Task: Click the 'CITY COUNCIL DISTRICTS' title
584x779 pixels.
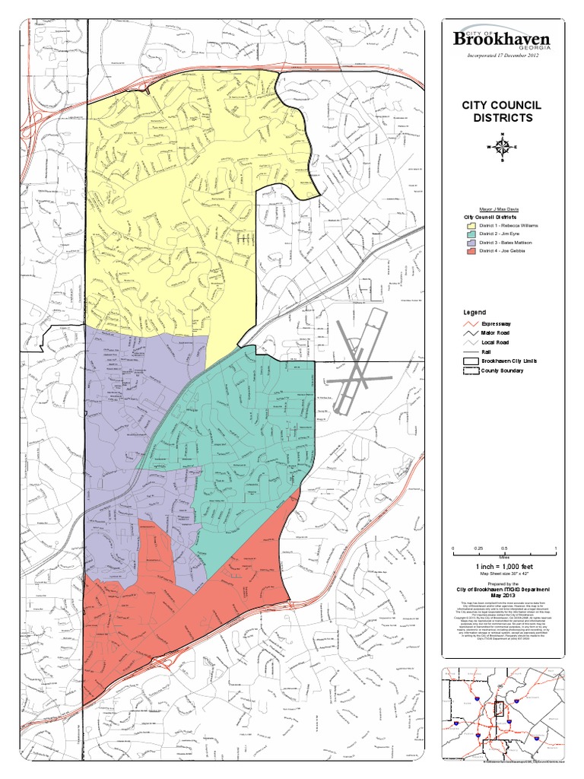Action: pyautogui.click(x=503, y=111)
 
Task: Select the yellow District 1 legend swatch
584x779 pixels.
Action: pyautogui.click(x=471, y=226)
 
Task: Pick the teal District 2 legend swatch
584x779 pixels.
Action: pyautogui.click(x=471, y=234)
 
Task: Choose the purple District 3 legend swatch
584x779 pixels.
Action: pyautogui.click(x=471, y=243)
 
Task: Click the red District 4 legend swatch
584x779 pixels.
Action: pyautogui.click(x=471, y=251)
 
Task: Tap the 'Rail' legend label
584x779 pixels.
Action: pyautogui.click(x=486, y=352)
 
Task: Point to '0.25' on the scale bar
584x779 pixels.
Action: pyautogui.click(x=478, y=548)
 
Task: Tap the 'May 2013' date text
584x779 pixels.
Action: pyautogui.click(x=503, y=596)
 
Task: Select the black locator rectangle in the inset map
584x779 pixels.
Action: pyautogui.click(x=499, y=709)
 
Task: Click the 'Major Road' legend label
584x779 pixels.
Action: pyautogui.click(x=495, y=332)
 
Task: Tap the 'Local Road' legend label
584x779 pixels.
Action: pyautogui.click(x=495, y=342)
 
